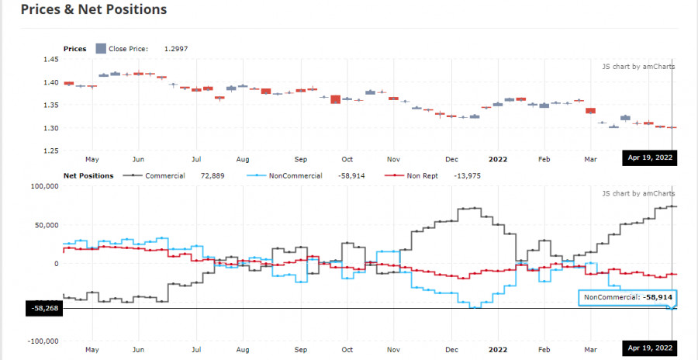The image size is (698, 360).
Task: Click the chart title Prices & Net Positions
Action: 93,10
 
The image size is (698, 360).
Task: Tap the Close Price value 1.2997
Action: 176,49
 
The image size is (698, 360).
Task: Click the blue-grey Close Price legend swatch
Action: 101,49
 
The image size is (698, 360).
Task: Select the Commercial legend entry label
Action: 164,176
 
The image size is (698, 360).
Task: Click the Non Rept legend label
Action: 422,176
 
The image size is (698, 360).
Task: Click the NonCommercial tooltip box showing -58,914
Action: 627,297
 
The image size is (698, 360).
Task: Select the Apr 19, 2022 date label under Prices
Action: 650,157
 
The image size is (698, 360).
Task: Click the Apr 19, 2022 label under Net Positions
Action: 650,347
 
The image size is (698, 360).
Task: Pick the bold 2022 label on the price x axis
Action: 497,159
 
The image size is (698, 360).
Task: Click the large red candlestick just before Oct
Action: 335,99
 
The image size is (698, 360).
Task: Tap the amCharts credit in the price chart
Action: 638,67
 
